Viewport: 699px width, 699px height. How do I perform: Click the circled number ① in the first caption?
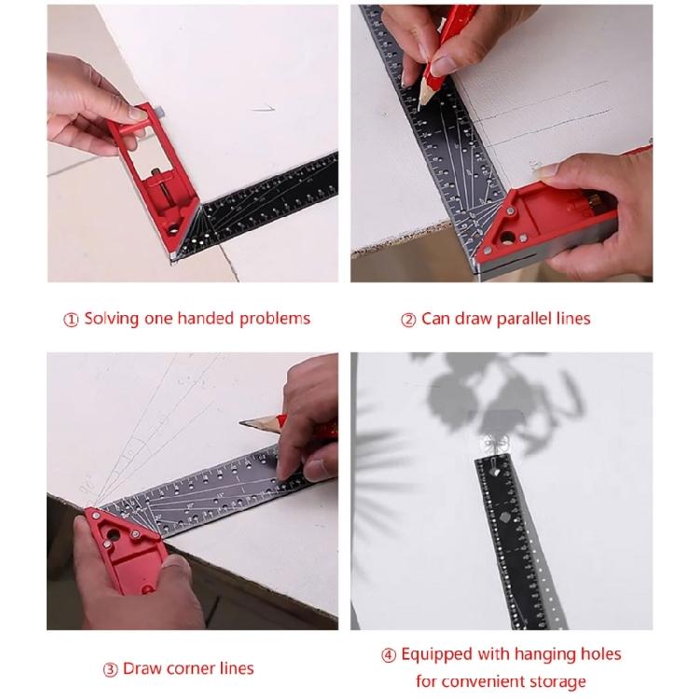pyautogui.click(x=72, y=320)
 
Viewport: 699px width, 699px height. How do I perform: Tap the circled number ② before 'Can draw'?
pyautogui.click(x=408, y=320)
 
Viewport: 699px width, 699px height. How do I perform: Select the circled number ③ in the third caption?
pyautogui.click(x=109, y=668)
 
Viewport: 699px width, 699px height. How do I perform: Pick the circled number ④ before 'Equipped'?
pyautogui.click(x=389, y=655)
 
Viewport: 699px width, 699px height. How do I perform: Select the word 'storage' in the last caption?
pyautogui.click(x=555, y=682)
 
